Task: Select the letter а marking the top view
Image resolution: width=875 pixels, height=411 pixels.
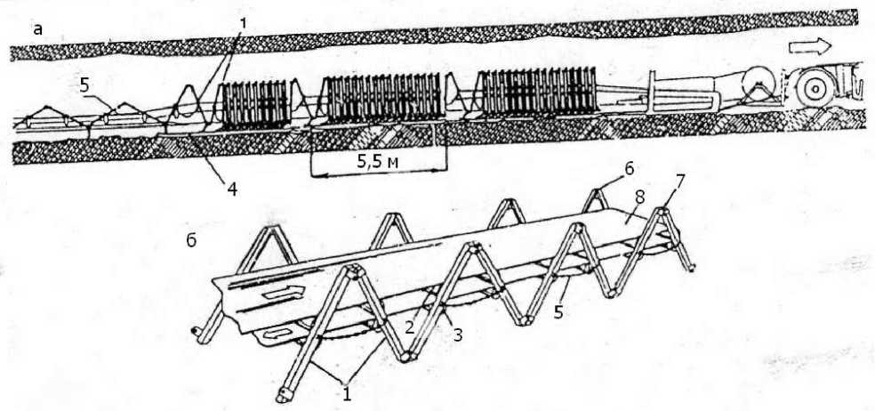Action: coord(37,28)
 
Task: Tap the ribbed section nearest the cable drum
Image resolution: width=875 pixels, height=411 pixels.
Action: coord(537,92)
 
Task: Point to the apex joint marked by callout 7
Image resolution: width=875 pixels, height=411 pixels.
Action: coord(665,214)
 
